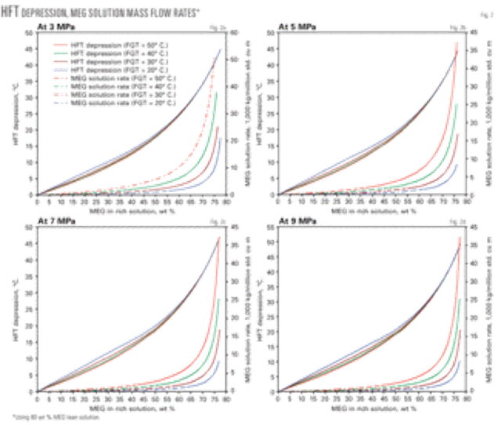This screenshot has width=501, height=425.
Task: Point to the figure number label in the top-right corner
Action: click(485, 10)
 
